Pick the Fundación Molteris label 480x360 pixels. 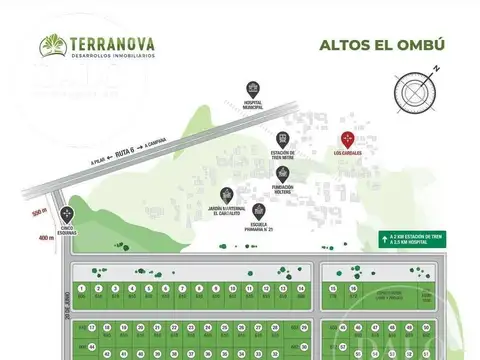pos(286,188)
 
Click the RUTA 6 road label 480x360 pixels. pos(123,155)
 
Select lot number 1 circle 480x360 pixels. pos(81,285)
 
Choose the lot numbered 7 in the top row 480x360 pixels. pos(183,285)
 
